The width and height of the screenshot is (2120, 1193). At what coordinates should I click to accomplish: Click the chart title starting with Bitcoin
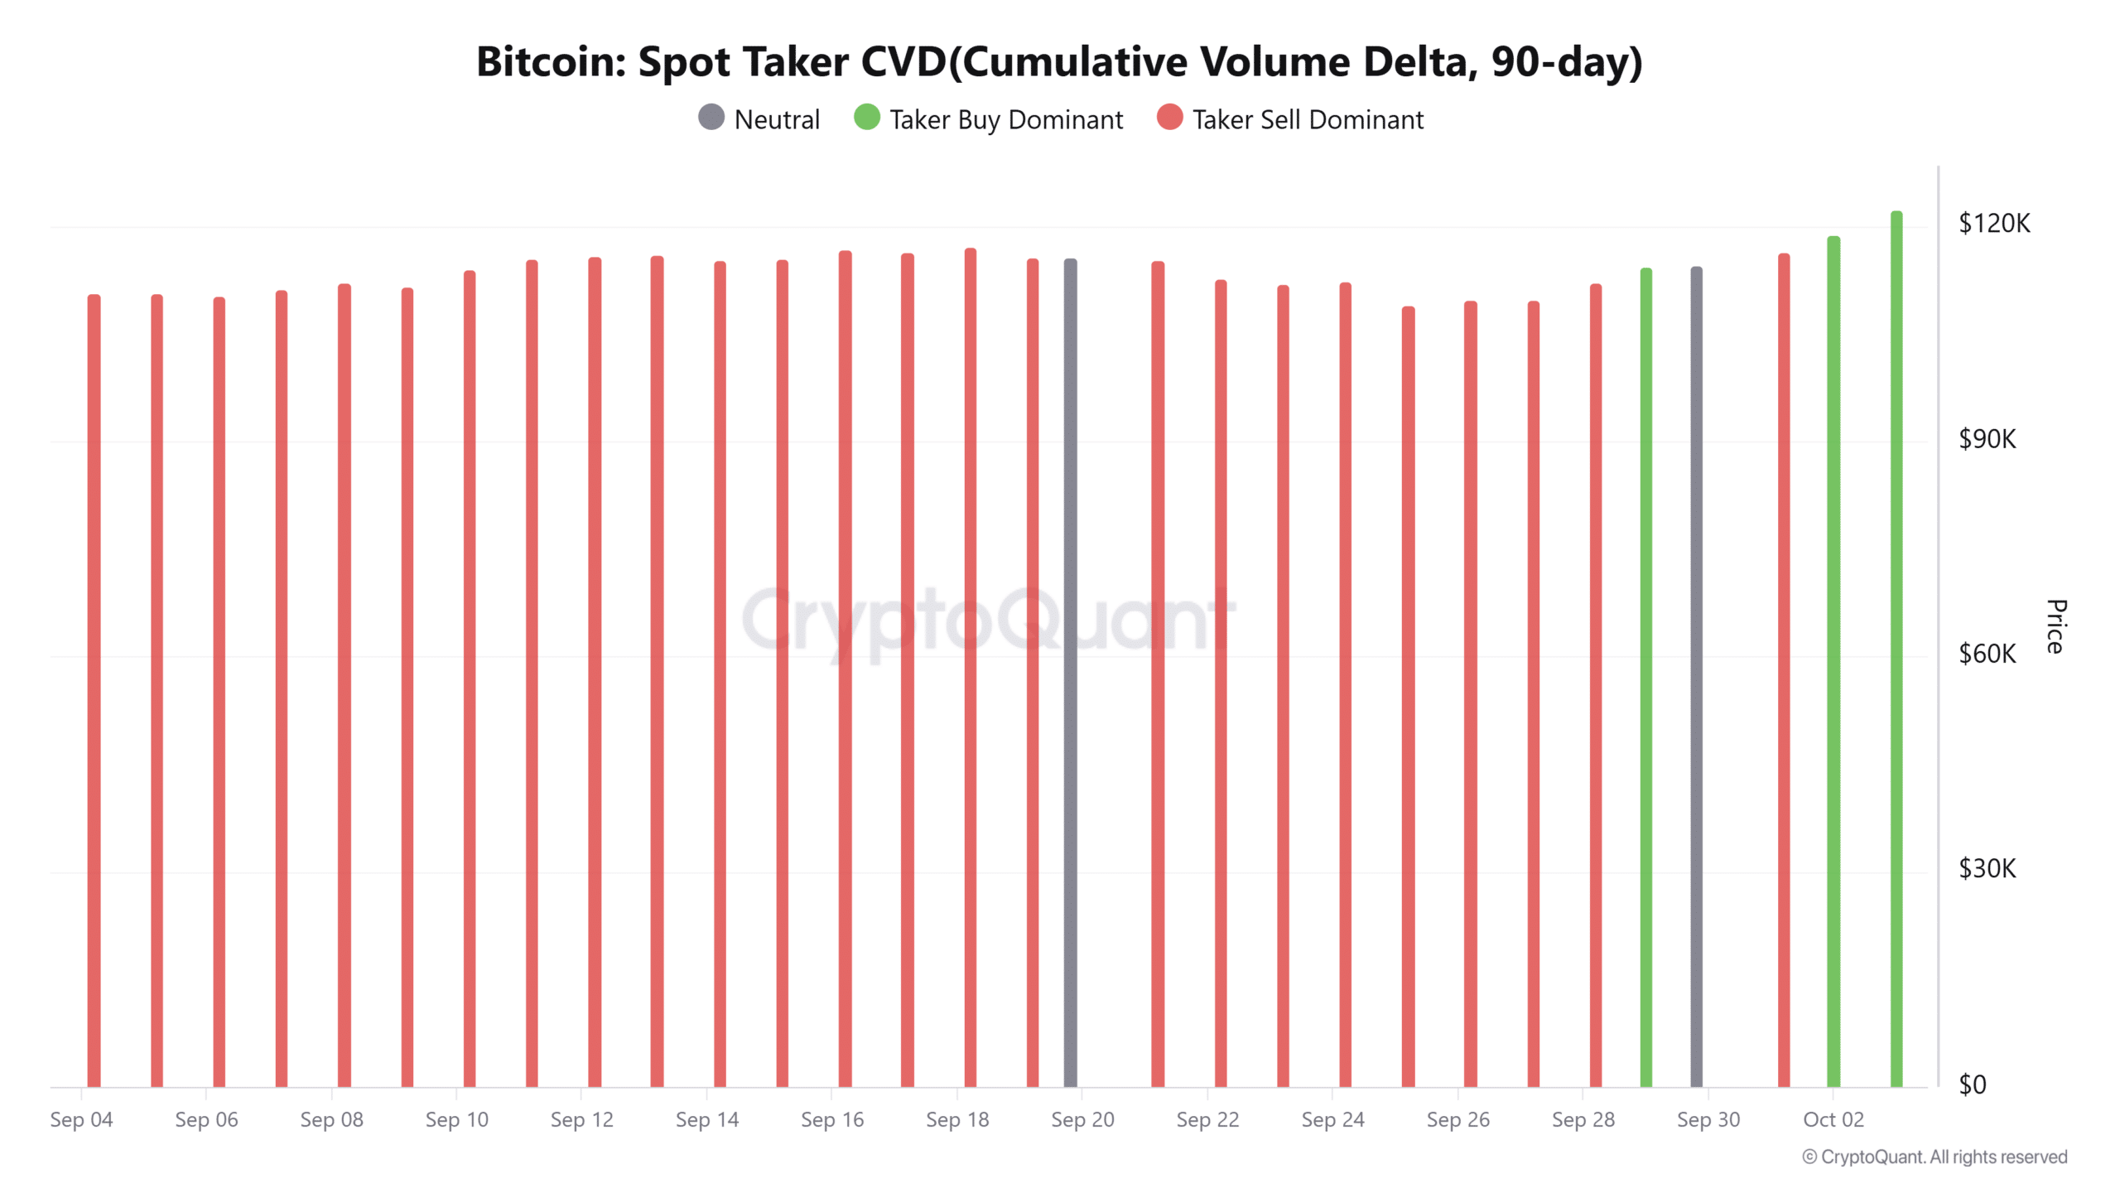coord(1059,62)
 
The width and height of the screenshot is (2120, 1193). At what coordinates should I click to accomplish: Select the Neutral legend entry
coord(759,119)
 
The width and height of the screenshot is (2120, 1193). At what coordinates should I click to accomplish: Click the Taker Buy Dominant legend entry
coord(989,119)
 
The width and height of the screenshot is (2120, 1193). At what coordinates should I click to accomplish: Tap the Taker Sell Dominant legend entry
coord(1290,119)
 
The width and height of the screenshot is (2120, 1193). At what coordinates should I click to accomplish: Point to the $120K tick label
coord(1994,224)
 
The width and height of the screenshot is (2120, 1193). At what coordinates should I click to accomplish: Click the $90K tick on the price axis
coord(1987,439)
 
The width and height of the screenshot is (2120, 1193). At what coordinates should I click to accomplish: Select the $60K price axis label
coord(1987,654)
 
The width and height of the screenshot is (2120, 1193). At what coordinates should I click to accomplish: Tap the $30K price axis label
coord(1987,869)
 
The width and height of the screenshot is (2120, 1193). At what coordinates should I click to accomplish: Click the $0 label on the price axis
coord(1973,1084)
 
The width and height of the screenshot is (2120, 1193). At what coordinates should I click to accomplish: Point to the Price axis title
coord(2055,626)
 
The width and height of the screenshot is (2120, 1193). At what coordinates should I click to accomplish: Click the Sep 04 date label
coord(81,1120)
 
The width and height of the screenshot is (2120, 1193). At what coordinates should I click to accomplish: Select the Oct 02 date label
coord(1833,1120)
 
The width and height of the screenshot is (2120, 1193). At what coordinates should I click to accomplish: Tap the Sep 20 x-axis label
coord(1082,1120)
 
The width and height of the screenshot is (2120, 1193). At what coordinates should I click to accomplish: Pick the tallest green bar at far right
coord(1896,646)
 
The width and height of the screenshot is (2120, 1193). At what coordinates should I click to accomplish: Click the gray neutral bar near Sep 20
coord(1071,671)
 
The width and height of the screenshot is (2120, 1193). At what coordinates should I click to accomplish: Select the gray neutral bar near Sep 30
coord(1697,675)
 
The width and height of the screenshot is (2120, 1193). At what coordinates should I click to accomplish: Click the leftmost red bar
coord(94,688)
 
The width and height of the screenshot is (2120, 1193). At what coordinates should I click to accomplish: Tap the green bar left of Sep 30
coord(1646,675)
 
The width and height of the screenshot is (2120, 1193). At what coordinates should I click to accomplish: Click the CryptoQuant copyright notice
coord(1934,1157)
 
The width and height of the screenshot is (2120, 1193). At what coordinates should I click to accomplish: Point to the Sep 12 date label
coord(581,1120)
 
